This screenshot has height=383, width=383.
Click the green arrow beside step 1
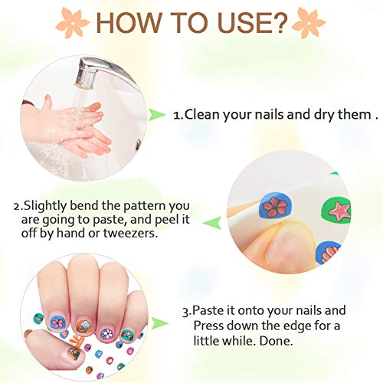156,116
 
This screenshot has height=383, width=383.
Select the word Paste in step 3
208,311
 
